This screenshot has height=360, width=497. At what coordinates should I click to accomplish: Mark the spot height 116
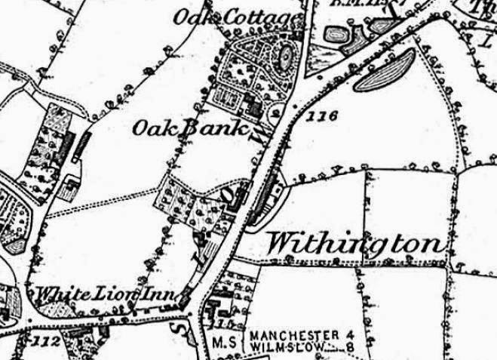(321, 116)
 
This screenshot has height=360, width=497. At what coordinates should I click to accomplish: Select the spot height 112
(47, 340)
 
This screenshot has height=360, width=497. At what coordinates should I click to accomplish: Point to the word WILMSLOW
(285, 346)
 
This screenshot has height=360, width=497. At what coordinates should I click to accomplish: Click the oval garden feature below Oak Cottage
(285, 56)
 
